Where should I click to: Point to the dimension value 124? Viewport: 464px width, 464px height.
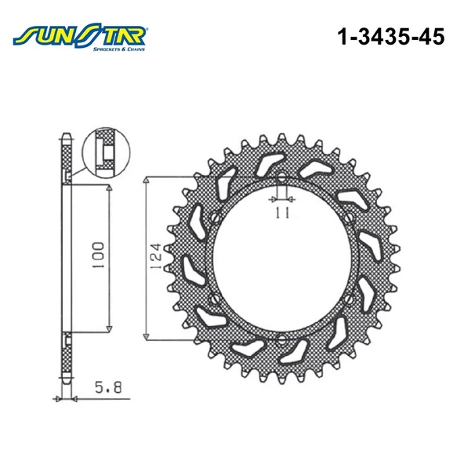pos(156,256)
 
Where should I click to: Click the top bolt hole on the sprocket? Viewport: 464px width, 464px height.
pos(280,176)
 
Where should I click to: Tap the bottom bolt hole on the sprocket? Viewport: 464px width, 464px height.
pos(280,339)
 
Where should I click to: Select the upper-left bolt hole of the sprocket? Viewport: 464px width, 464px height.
pos(214,218)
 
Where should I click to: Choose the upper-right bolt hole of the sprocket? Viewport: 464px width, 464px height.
pos(346,218)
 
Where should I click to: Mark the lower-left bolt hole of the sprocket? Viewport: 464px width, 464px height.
pos(214,297)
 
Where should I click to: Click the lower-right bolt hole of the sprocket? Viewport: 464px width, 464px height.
pos(346,297)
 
